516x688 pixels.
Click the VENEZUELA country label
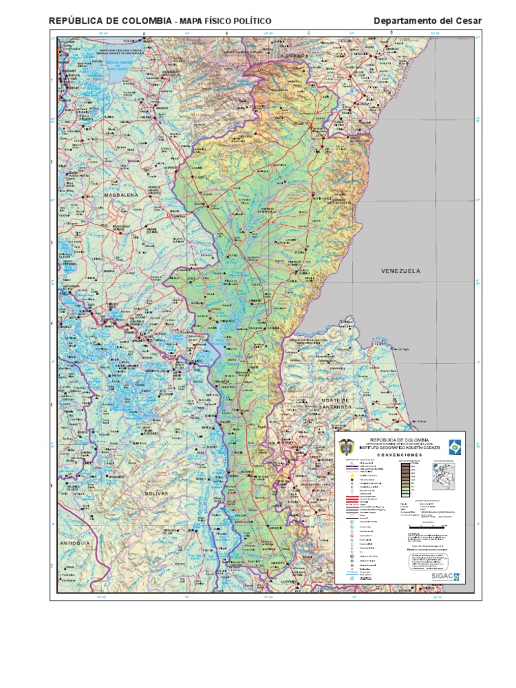(x=400, y=271)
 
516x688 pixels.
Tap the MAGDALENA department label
(x=120, y=195)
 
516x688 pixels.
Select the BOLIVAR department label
(x=155, y=493)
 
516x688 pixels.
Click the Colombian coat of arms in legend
(x=347, y=445)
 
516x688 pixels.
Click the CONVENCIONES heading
(x=399, y=455)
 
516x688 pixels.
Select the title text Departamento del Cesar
(x=427, y=21)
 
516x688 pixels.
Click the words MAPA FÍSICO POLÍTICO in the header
(x=224, y=21)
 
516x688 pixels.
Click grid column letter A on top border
(x=143, y=32)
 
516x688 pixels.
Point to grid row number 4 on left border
(x=52, y=323)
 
